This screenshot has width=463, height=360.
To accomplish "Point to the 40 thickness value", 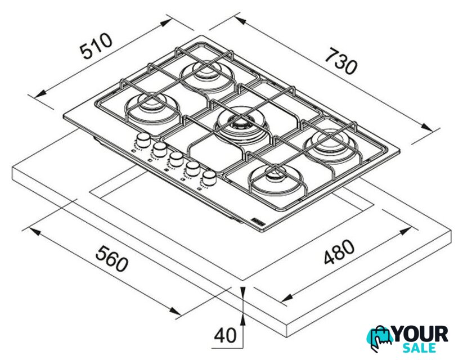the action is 225,335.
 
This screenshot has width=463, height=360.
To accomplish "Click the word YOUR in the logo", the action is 420,334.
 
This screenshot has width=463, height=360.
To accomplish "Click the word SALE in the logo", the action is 420,348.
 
